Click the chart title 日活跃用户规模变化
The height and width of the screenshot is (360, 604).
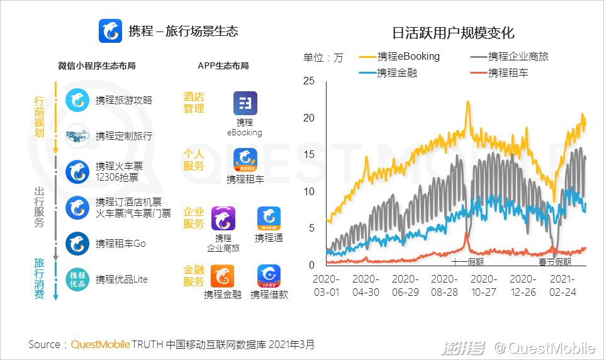453,33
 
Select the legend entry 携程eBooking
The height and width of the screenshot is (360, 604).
408,57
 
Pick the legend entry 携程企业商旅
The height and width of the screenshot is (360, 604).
518,57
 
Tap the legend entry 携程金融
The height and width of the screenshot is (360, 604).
396,73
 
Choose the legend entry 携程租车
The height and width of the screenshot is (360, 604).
508,73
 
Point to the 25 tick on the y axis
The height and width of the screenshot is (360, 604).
308,81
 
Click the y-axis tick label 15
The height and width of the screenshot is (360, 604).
308,154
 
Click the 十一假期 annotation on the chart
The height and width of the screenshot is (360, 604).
467,262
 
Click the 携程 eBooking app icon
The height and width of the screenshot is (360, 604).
245,104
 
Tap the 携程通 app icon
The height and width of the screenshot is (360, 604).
269,218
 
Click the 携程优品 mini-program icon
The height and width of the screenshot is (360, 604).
78,279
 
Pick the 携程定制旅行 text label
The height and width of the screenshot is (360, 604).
124,136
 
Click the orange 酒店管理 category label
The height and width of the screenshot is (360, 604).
194,103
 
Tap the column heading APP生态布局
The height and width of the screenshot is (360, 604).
223,65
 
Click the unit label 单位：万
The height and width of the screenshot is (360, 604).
323,58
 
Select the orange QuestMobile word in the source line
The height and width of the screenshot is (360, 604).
101,344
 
